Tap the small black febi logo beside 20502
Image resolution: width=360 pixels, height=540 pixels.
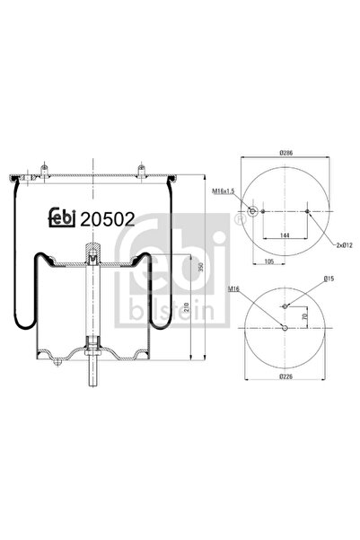(60, 218)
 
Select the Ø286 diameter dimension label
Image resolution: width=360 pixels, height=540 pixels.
(286, 154)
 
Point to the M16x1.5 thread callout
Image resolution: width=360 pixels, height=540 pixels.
(224, 191)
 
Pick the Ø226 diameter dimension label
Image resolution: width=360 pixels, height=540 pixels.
(285, 377)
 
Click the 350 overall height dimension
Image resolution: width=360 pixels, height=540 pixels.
(205, 269)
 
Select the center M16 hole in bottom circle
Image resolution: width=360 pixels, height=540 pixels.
(285, 327)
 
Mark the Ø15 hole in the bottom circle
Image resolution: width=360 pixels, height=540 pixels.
(285, 306)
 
